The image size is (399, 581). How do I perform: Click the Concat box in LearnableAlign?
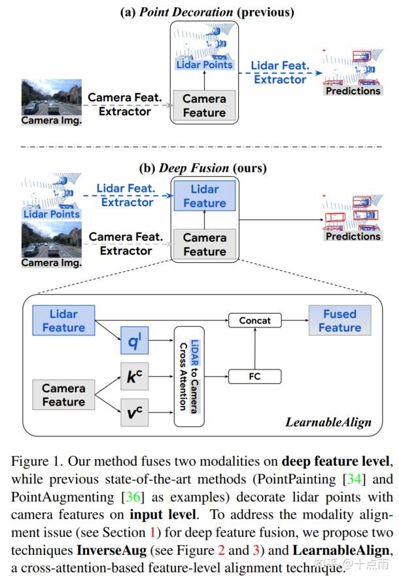254,321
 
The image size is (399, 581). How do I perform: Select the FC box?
254,376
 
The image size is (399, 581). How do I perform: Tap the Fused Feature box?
339,320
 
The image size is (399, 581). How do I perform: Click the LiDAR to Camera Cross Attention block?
189,377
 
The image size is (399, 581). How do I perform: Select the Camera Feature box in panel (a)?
204,106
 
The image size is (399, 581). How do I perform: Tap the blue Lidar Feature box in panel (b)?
204,196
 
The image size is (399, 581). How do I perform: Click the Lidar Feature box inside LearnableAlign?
63,320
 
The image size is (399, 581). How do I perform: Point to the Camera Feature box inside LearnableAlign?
63,395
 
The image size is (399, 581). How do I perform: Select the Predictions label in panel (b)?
353,236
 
